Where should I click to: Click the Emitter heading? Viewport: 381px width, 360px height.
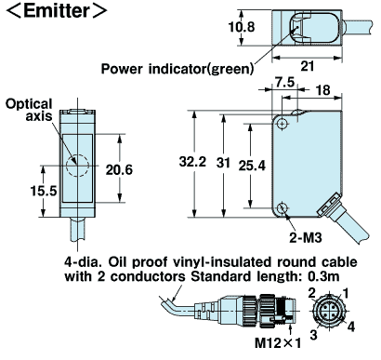click(57, 11)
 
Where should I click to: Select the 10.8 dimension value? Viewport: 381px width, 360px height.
click(242, 27)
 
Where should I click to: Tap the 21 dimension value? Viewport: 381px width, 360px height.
click(308, 66)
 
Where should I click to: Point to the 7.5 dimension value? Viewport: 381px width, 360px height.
click(284, 82)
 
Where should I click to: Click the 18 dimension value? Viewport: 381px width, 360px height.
click(322, 90)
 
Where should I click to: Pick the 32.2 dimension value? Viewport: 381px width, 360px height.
click(192, 162)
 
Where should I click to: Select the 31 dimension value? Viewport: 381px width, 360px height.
click(223, 163)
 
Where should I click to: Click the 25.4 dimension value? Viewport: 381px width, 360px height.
click(252, 166)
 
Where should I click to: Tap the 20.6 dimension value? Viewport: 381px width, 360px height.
click(119, 169)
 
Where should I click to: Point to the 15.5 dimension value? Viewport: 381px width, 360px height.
click(44, 191)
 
